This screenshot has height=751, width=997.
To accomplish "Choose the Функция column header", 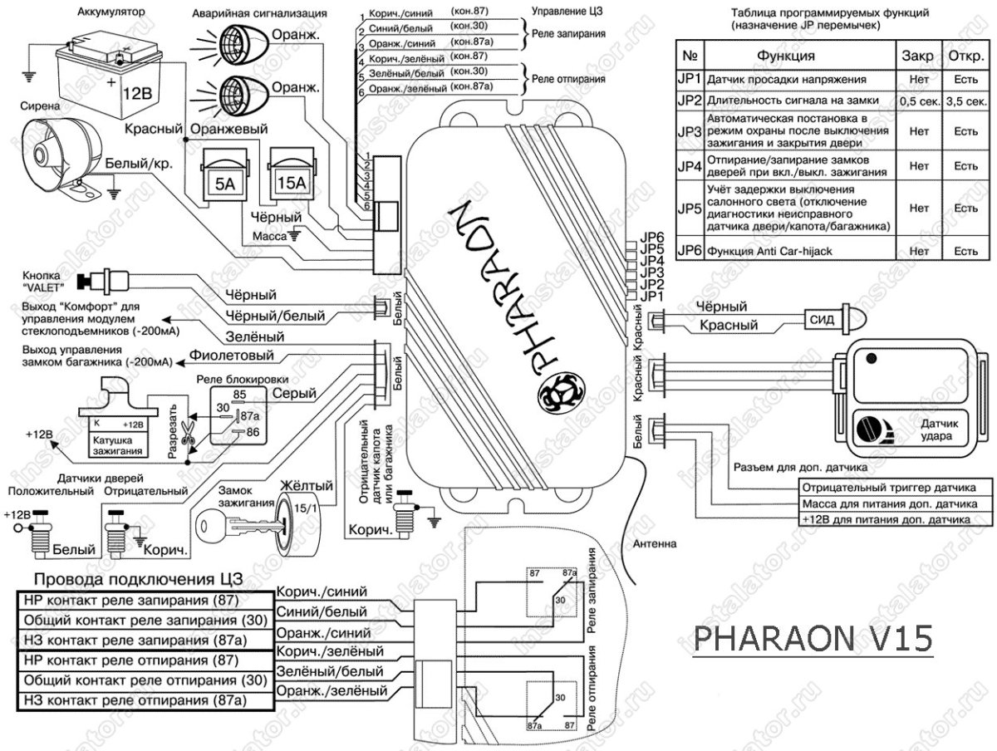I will (785, 56).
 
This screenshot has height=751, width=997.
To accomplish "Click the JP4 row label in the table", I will (690, 165).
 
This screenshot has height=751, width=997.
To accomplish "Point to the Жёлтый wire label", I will (307, 485).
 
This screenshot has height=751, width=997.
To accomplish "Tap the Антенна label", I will (655, 544).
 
